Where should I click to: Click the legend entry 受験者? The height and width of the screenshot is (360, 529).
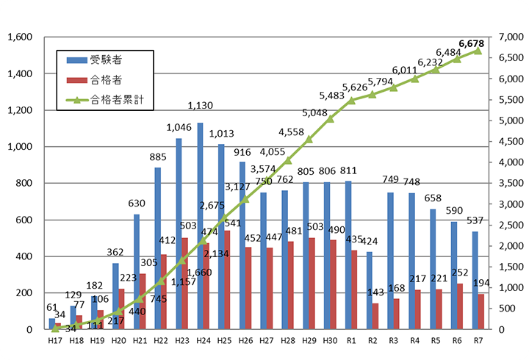tap(103, 60)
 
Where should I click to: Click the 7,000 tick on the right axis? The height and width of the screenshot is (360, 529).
tap(510, 37)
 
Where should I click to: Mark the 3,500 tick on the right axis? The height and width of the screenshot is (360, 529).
tap(510, 183)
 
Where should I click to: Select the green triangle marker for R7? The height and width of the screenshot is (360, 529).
tap(478, 51)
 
